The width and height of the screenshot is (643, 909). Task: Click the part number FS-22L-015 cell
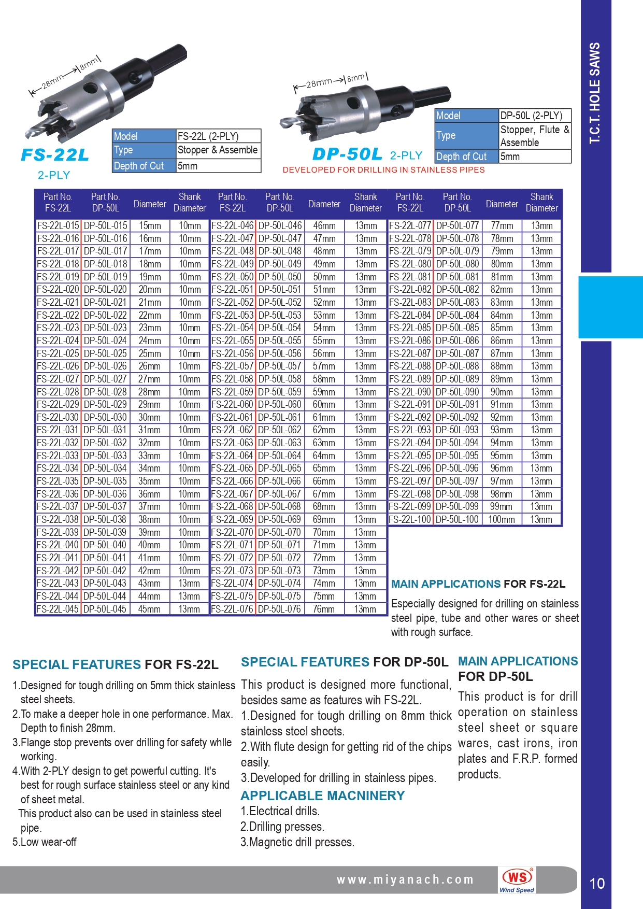[58, 226]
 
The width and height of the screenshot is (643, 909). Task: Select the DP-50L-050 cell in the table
[280, 277]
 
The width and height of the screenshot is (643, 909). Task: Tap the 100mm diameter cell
[502, 519]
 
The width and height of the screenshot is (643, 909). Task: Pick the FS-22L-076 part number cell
[232, 609]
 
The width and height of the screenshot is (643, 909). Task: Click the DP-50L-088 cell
[458, 366]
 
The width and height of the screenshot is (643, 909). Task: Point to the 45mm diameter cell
[149, 609]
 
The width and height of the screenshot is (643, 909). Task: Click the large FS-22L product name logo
[55, 155]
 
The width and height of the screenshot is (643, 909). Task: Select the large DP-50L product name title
[347, 154]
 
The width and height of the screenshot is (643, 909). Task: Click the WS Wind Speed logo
[517, 879]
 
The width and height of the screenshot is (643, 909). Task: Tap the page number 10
[597, 883]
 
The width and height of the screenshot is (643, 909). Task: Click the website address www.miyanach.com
[405, 879]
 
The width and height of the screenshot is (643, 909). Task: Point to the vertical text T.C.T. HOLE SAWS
[595, 93]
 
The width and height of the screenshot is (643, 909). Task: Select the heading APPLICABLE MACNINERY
[322, 796]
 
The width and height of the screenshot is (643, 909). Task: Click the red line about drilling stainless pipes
[383, 170]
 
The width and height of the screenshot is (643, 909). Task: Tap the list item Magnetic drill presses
[297, 842]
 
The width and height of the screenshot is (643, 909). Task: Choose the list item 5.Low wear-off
[45, 842]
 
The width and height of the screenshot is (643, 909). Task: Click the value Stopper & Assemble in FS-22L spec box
[218, 150]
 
